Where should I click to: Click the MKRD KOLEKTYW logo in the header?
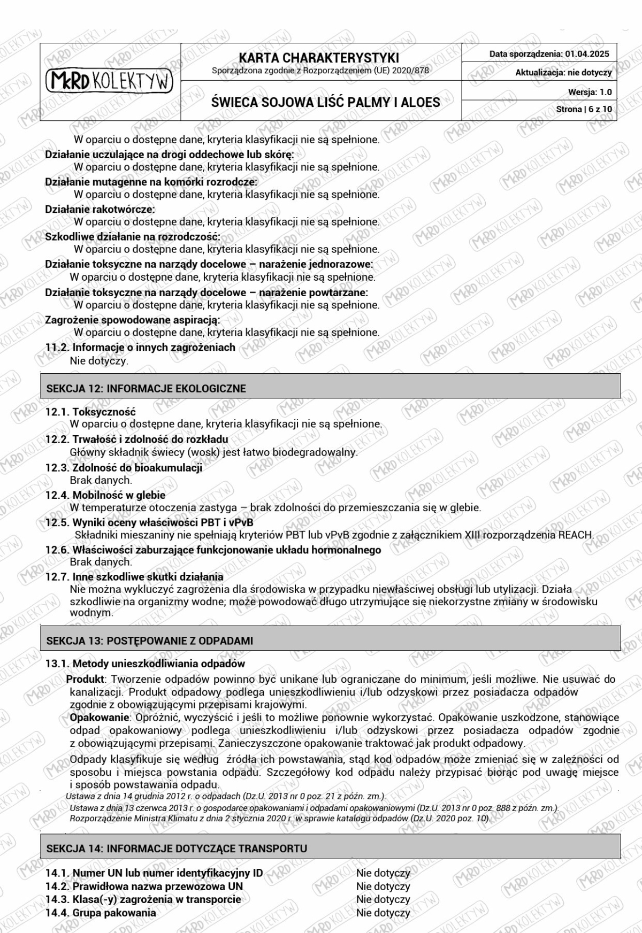[110, 81]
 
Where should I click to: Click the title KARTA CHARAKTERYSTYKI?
[319, 58]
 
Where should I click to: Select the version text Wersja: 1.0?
[590, 92]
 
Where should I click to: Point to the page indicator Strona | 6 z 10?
[584, 109]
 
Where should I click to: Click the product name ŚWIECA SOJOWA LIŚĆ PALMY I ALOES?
[325, 102]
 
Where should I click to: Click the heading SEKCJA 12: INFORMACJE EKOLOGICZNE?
[146, 389]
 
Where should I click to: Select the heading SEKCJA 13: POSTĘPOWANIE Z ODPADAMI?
[150, 641]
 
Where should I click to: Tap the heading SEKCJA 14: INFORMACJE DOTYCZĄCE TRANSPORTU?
[177, 849]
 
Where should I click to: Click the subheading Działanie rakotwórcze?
[100, 209]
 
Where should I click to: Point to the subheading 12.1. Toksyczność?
[90, 412]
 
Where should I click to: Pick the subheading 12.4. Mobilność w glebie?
[105, 495]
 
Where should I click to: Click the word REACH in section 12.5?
[575, 535]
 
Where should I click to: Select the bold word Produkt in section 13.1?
[85, 679]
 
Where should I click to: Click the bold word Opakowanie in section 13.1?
[100, 718]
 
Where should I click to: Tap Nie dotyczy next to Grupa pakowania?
[383, 913]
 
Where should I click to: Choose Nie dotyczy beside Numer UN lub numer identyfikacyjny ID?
[383, 873]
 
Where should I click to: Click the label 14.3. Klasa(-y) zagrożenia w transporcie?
[143, 899]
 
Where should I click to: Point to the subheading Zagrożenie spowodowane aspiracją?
[132, 320]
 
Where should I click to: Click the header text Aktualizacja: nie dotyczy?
[563, 72]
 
